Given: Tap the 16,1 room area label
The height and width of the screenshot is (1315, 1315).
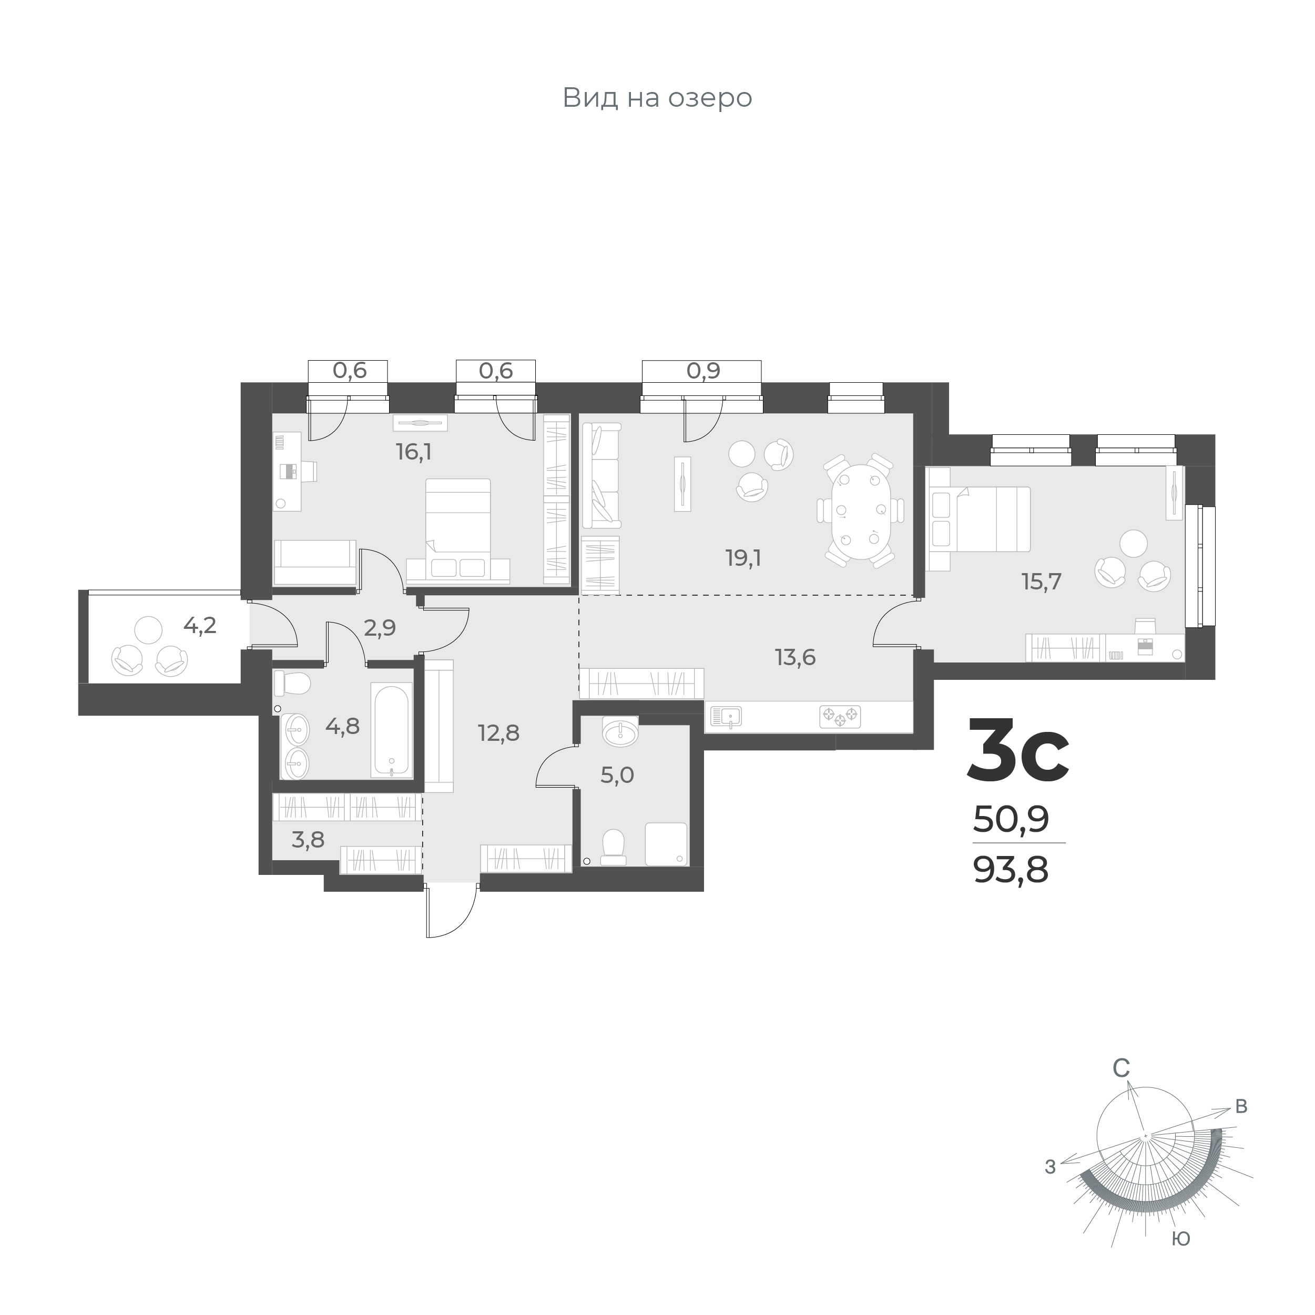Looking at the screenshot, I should [x=414, y=452].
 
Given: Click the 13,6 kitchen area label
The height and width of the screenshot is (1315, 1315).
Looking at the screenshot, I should [x=795, y=657].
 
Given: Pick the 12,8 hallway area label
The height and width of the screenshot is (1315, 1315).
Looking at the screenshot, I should [x=498, y=733].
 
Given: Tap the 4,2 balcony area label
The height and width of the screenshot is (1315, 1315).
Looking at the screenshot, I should [x=200, y=625].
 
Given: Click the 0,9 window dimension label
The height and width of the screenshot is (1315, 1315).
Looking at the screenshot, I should [x=703, y=371].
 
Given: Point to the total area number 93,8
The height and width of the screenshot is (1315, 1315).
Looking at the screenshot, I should [x=1011, y=870].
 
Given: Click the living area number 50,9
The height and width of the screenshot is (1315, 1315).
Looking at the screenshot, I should [x=1011, y=820].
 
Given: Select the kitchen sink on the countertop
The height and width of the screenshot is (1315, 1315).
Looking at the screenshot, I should [x=726, y=716].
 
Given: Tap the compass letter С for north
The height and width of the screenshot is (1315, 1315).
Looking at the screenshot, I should [x=1121, y=1088].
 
